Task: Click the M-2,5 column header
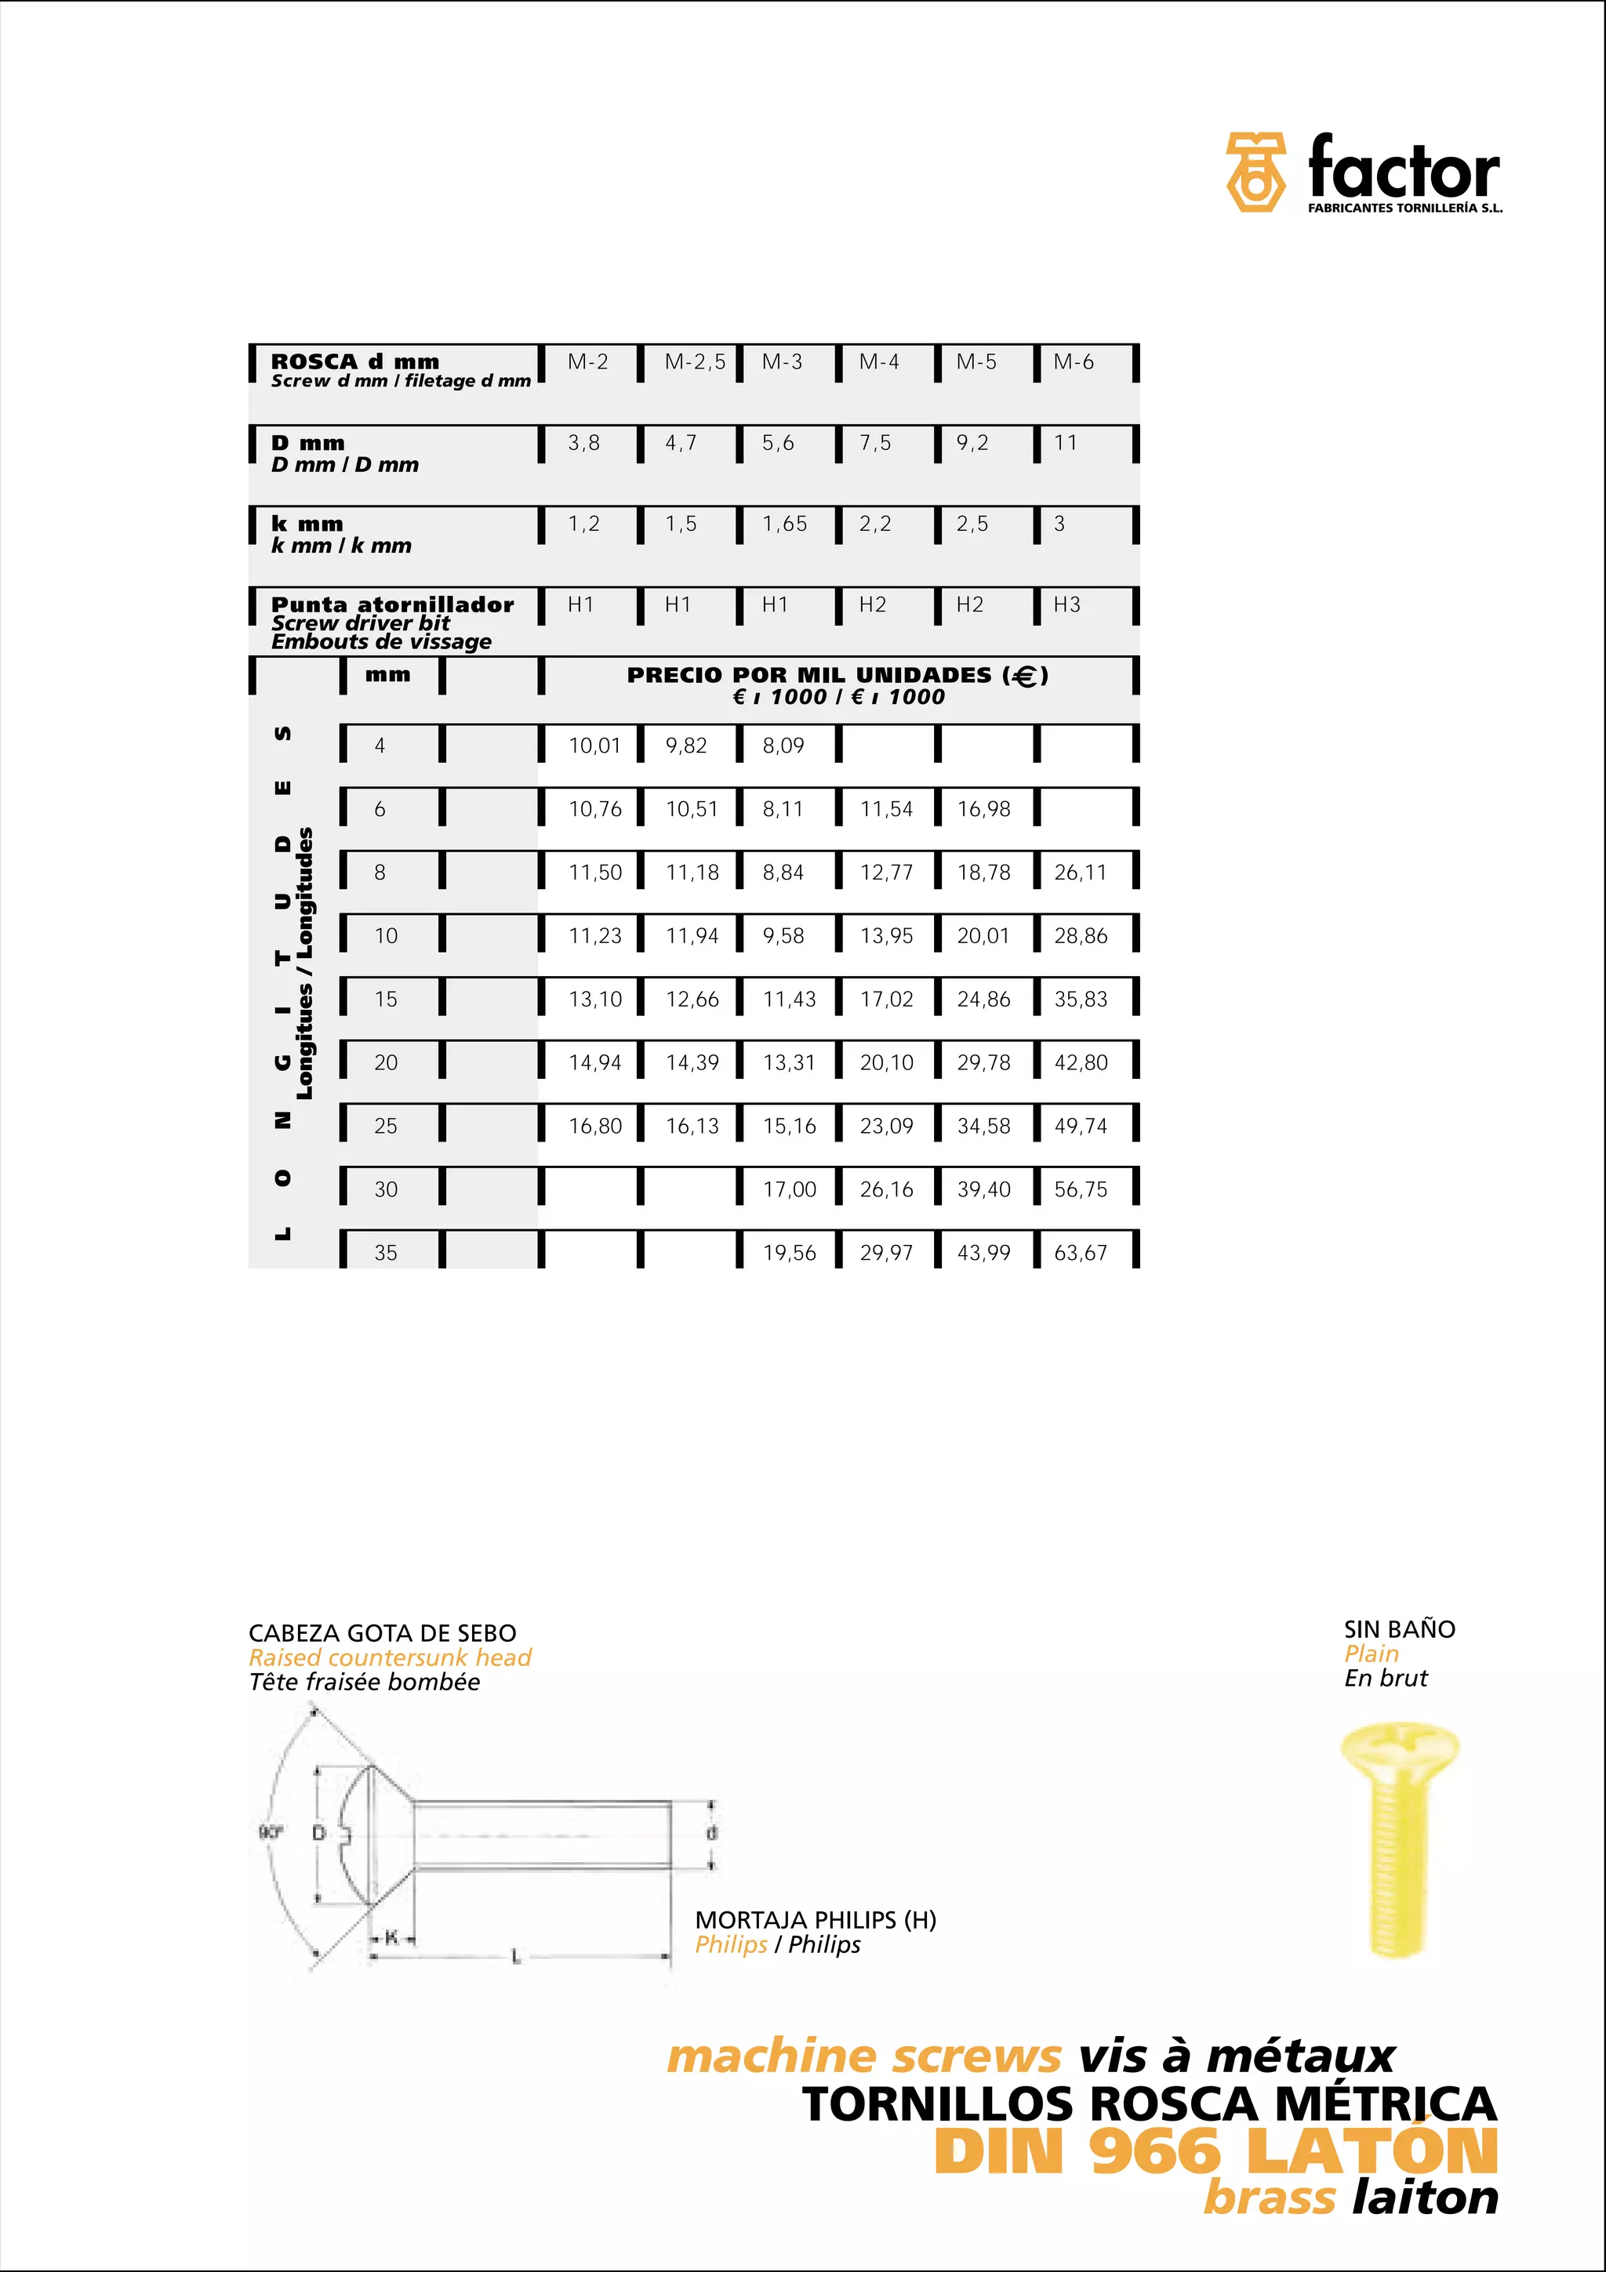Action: point(695,362)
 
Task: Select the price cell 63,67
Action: point(1081,1253)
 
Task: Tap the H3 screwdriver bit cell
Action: point(1066,604)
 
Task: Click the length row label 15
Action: point(386,1000)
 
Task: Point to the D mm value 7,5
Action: point(874,443)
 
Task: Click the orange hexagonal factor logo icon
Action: point(1255,172)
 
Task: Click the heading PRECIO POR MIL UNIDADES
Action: point(838,675)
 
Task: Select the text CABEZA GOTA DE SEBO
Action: point(382,1633)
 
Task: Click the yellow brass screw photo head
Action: point(1401,1752)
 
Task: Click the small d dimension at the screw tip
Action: point(711,1833)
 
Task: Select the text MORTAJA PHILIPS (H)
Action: point(816,1920)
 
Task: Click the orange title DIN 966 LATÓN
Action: point(1215,2151)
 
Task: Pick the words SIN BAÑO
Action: point(1399,1629)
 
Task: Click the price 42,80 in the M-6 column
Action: point(1081,1063)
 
